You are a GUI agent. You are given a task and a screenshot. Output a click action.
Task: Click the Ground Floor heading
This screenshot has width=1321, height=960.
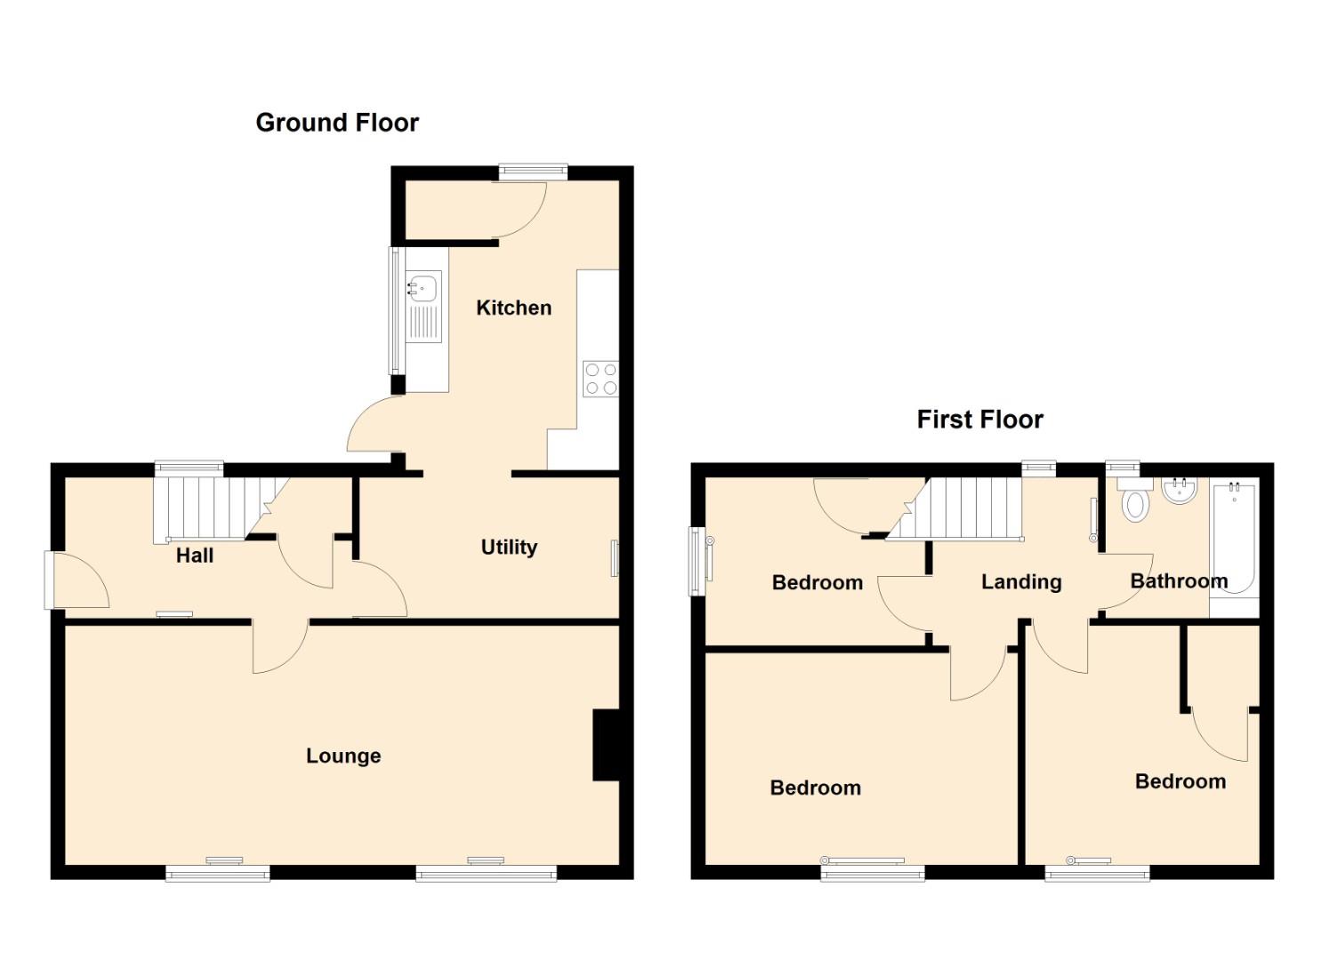click(337, 123)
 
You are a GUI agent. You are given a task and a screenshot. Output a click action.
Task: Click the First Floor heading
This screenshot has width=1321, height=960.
click(979, 420)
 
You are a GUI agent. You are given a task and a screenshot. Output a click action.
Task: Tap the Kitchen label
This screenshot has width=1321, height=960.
click(513, 308)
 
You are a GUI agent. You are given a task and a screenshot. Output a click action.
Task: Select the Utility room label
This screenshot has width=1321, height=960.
click(509, 548)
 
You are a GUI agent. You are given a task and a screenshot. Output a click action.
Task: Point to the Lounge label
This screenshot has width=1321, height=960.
click(343, 756)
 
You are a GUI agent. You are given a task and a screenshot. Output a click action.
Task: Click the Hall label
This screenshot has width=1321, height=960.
click(195, 556)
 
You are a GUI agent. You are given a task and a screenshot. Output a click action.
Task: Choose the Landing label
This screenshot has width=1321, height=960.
click(1021, 582)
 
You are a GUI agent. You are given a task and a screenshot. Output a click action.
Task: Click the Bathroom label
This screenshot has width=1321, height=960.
click(1179, 581)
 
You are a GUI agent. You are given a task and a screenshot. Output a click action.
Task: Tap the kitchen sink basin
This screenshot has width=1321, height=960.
click(423, 286)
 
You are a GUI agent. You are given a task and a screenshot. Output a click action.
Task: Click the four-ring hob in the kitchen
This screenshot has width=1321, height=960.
click(601, 379)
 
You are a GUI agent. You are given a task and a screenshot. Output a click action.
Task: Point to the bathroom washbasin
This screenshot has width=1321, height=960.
click(1180, 491)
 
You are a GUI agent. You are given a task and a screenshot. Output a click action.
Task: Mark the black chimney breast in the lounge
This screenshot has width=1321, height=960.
click(607, 746)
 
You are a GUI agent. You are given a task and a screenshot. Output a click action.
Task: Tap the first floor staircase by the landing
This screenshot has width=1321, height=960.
click(955, 508)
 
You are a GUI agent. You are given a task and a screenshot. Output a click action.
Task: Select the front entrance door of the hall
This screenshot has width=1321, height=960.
click(77, 580)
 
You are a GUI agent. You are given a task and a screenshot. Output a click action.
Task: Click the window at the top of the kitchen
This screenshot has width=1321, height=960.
click(533, 172)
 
